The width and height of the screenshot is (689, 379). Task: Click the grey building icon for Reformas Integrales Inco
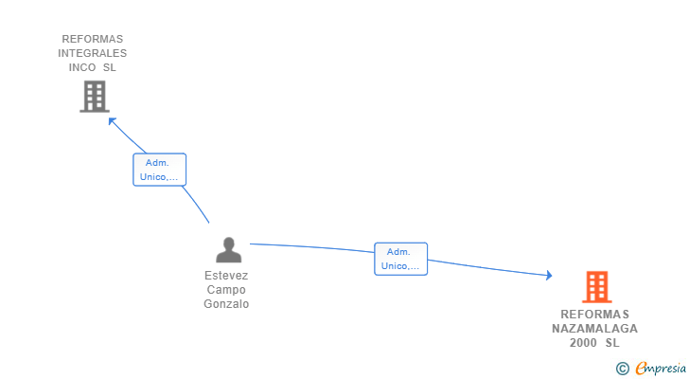click(x=94, y=97)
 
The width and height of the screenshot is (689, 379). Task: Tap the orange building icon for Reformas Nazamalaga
click(x=596, y=286)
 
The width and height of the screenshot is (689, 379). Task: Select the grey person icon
click(x=228, y=250)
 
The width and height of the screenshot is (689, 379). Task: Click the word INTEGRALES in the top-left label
click(x=93, y=54)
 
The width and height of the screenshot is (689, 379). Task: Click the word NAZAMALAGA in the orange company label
click(x=594, y=329)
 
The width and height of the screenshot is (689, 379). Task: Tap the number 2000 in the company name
click(x=584, y=343)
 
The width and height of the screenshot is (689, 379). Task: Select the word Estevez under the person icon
click(x=227, y=276)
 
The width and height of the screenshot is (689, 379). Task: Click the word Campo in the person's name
click(x=227, y=290)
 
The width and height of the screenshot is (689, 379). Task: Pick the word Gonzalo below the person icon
click(x=227, y=304)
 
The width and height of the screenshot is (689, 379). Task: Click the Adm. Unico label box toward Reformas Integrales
click(x=159, y=170)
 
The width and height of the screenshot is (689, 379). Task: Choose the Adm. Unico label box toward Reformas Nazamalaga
click(x=400, y=259)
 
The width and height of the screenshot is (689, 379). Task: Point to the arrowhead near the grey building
click(x=111, y=119)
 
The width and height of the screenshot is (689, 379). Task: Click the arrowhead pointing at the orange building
click(x=548, y=276)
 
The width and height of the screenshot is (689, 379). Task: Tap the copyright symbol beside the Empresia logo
click(x=622, y=369)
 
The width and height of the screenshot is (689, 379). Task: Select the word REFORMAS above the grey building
click(x=93, y=40)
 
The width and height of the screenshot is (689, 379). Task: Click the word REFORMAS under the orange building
click(x=594, y=315)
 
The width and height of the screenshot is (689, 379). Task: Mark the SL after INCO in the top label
click(x=110, y=68)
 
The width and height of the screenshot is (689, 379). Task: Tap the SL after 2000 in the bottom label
click(x=612, y=343)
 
